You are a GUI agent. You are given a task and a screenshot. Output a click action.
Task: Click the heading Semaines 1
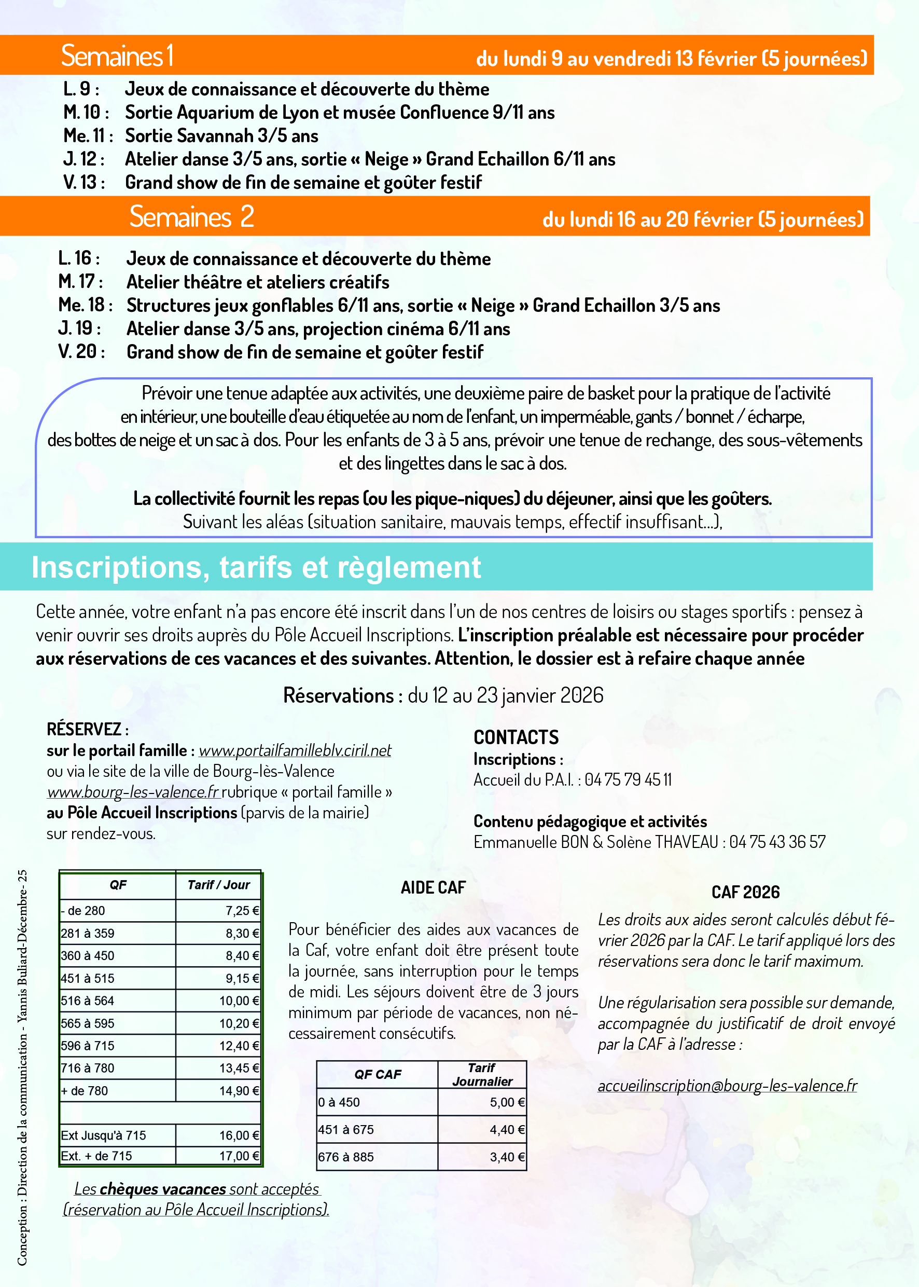(x=117, y=56)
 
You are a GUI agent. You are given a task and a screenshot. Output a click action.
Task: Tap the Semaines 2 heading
(x=192, y=217)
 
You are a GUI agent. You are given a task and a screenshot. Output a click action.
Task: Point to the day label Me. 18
(x=85, y=305)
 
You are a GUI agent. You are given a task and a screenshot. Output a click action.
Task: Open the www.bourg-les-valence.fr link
(x=133, y=792)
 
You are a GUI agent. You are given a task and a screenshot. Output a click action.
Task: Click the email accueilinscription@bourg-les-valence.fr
(x=727, y=1086)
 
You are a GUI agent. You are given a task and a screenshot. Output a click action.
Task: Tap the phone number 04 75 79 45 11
(x=628, y=780)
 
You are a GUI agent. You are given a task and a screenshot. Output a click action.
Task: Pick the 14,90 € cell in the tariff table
(x=239, y=1091)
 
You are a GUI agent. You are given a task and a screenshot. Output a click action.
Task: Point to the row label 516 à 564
(x=88, y=1001)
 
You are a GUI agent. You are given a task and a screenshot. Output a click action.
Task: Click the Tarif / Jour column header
(x=218, y=885)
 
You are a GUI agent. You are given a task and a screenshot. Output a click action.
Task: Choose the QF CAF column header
(x=378, y=1075)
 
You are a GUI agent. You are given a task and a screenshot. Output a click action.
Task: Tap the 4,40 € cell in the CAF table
(x=507, y=1130)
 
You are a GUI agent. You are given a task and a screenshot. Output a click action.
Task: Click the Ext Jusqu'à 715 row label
(x=104, y=1136)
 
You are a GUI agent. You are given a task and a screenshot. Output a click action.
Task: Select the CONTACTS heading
(x=516, y=737)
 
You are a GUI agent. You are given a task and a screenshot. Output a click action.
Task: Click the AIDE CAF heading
(x=433, y=888)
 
